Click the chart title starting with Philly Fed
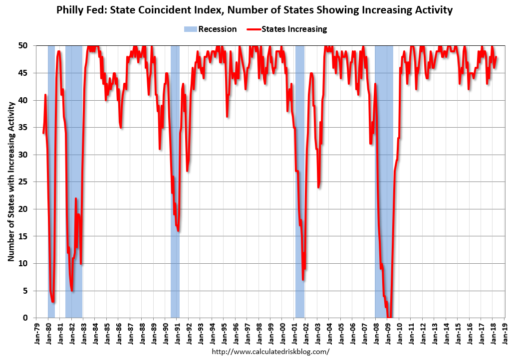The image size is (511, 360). (255, 10)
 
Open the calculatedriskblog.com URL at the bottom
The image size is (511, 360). (271, 352)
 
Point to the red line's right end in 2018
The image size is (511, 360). (496, 57)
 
